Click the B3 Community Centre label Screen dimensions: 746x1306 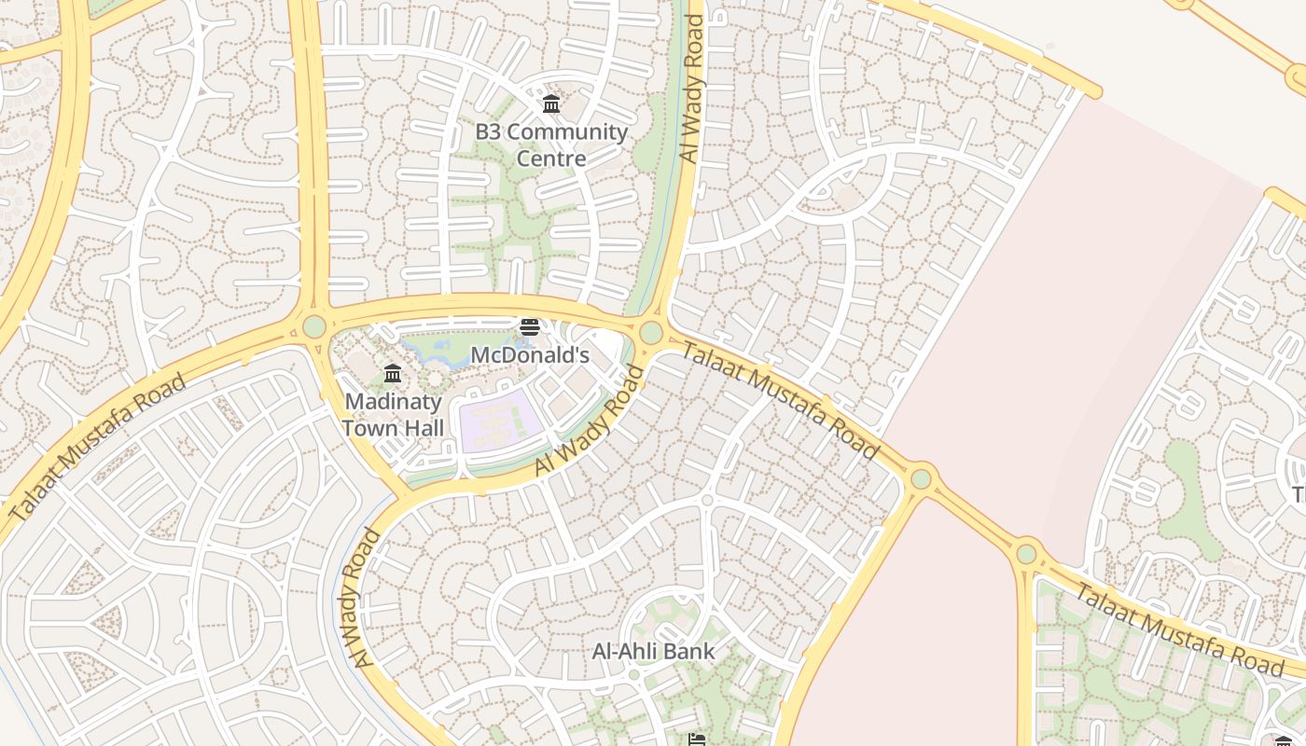click(x=551, y=145)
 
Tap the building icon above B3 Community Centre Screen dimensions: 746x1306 click(x=551, y=104)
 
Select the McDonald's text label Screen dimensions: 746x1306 click(x=530, y=355)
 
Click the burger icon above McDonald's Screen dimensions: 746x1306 click(x=530, y=327)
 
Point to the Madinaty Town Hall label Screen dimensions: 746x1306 click(x=393, y=415)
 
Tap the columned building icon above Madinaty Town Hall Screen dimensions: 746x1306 click(x=393, y=374)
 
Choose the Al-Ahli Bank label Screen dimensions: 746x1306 click(x=653, y=651)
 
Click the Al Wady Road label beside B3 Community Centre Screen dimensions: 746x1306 click(x=692, y=89)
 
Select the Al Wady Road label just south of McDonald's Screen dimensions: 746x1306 click(x=590, y=421)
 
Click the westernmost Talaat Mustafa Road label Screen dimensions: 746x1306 click(x=98, y=448)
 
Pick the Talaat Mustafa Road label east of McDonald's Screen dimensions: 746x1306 click(x=780, y=401)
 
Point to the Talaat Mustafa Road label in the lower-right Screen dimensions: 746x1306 click(x=1179, y=629)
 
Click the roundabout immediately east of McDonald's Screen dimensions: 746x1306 click(x=651, y=332)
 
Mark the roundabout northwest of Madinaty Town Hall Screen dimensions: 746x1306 click(x=314, y=326)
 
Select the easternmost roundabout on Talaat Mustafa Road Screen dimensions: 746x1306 click(x=1026, y=554)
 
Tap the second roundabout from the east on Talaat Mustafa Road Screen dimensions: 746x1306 click(x=921, y=478)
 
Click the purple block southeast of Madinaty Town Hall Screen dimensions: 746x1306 click(x=501, y=422)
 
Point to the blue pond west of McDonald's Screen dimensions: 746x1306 click(x=438, y=353)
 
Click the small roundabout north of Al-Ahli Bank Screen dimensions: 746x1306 click(x=707, y=501)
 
